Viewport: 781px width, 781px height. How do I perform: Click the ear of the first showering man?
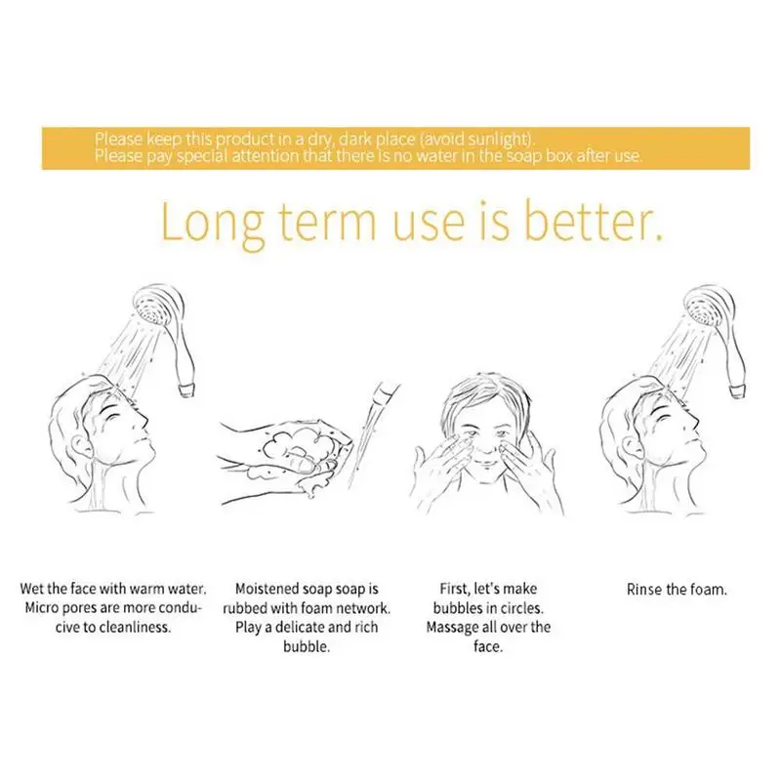[x=80, y=444]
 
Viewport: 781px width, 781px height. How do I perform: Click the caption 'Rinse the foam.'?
[x=677, y=590]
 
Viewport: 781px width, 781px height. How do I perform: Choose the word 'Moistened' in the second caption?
[x=267, y=589]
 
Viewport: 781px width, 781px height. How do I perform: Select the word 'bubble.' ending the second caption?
[x=307, y=646]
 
